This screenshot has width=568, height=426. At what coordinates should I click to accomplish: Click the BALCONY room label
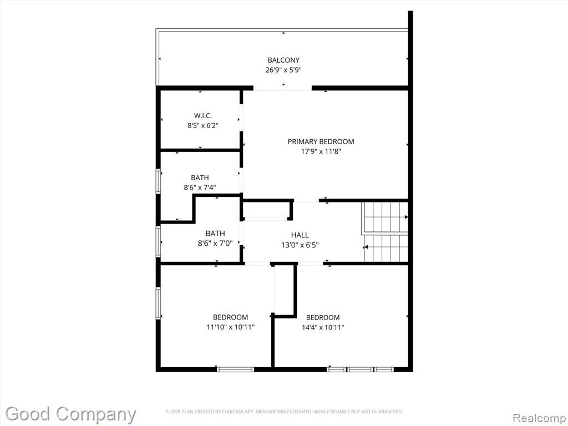coord(283,60)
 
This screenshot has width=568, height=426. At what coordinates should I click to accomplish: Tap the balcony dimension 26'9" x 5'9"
coord(283,70)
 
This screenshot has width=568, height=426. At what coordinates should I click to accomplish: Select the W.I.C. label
coord(203,115)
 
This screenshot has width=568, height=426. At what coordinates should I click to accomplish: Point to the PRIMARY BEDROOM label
coord(321,141)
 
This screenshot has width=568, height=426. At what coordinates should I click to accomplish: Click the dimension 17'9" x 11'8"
coord(321,151)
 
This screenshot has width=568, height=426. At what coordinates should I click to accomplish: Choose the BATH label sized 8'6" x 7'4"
coord(200,177)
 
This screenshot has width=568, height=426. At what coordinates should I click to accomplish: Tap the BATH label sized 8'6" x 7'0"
coord(215,234)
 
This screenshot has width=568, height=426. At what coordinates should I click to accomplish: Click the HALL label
coord(300,235)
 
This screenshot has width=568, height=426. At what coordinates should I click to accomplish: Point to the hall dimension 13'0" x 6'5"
coord(300,245)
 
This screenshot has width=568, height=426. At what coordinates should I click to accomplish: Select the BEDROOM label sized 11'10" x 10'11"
coord(230,317)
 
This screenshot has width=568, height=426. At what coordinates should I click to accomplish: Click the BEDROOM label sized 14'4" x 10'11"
coord(323,318)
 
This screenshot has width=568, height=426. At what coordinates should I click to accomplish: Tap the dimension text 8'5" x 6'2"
coord(203,126)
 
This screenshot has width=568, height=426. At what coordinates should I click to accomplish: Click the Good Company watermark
coord(70,414)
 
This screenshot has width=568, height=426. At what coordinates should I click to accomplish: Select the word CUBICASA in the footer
coord(232,412)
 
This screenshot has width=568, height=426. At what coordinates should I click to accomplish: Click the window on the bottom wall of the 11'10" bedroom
coord(235,369)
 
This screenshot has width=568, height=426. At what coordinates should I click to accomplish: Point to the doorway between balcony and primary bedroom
coord(282,88)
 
